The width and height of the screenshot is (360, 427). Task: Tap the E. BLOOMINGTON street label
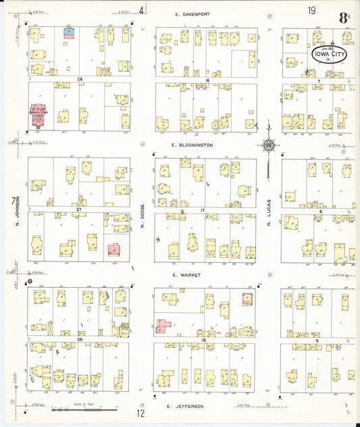point(192,145)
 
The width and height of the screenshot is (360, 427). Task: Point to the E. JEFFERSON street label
point(188,406)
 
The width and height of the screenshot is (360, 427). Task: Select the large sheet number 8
point(343,17)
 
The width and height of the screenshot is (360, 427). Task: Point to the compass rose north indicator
point(268,145)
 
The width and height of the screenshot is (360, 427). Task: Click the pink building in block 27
point(113,248)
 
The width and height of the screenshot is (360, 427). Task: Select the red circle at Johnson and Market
point(30,280)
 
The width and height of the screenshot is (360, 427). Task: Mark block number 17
point(202,211)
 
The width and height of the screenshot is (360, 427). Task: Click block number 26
point(80,339)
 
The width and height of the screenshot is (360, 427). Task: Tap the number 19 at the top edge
point(311,9)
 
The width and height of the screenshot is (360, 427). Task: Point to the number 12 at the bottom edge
point(140,413)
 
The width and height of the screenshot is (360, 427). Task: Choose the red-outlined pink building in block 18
point(247,298)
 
